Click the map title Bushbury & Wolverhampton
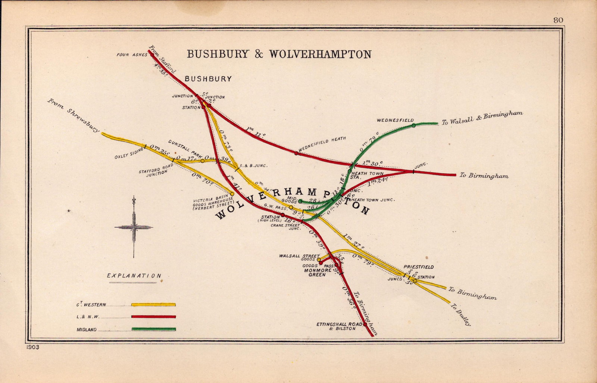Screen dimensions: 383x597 (279, 54)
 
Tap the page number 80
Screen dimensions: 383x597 (558, 21)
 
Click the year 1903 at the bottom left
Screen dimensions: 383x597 (33, 347)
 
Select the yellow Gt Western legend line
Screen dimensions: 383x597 (153, 305)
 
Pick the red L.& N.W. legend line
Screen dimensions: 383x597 (153, 317)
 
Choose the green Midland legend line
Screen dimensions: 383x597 (153, 329)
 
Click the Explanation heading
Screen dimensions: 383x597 (134, 276)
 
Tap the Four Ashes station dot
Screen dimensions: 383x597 (152, 55)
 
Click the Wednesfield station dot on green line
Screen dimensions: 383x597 (413, 126)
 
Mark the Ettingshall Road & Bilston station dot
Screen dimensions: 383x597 (365, 324)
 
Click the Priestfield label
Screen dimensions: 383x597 (418, 267)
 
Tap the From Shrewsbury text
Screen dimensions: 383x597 (74, 116)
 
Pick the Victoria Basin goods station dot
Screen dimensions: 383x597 (232, 194)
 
